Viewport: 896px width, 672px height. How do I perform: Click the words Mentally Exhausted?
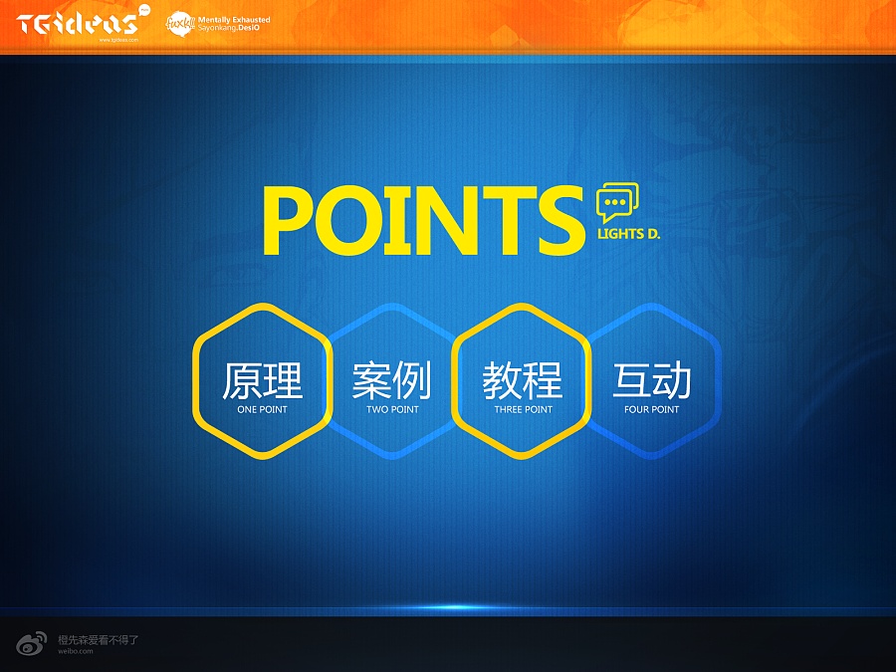(234, 19)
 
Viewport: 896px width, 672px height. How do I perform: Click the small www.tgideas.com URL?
(117, 41)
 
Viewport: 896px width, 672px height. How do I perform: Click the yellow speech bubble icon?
(617, 202)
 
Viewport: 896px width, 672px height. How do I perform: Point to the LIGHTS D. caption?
(628, 236)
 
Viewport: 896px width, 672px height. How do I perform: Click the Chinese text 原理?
(262, 380)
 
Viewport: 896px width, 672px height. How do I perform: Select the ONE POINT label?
(262, 409)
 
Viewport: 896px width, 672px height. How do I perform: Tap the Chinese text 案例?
(392, 380)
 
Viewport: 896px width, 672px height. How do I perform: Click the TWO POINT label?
(392, 409)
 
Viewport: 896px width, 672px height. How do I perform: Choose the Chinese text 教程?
(523, 380)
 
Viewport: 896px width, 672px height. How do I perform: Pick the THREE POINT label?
(523, 409)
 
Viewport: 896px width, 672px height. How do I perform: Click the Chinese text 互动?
(652, 380)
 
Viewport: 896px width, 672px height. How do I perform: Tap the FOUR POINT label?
(652, 409)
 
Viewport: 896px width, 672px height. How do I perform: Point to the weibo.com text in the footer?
(75, 651)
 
